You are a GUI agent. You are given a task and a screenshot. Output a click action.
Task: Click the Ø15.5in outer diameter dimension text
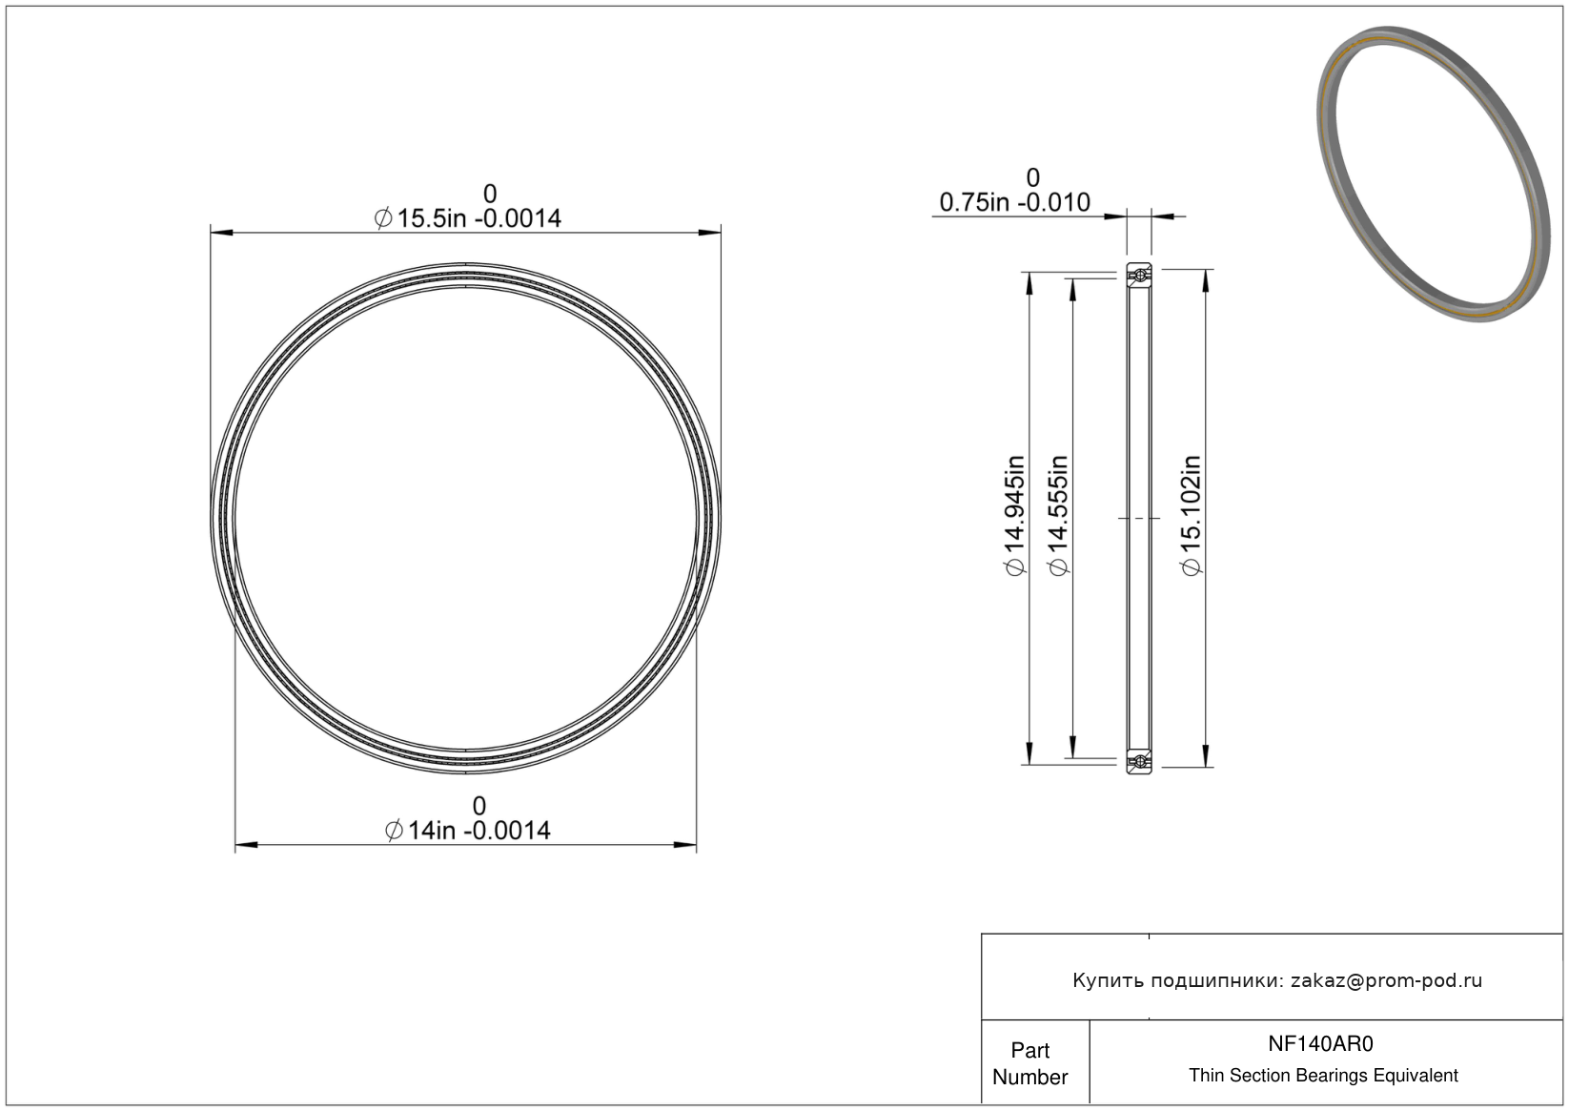[467, 218]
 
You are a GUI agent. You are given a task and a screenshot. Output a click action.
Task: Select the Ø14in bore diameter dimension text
[467, 831]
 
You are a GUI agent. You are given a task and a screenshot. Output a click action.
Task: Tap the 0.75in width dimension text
[1014, 202]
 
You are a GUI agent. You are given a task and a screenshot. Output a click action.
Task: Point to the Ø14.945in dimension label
[1015, 516]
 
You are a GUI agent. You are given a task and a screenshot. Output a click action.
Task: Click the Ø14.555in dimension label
[1058, 516]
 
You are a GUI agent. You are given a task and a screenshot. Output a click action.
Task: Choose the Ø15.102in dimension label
[1191, 516]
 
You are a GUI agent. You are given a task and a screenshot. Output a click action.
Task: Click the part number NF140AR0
[1320, 1044]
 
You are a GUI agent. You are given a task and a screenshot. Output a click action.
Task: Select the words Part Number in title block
[1029, 1063]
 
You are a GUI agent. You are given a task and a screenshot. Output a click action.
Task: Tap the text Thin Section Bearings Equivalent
[1323, 1076]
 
